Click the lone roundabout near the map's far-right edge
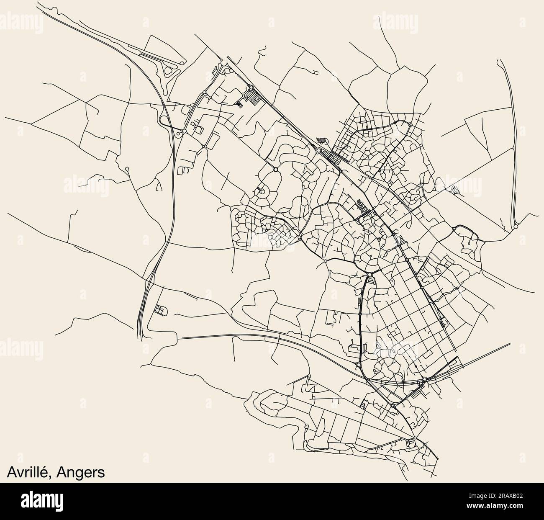tap(516, 226)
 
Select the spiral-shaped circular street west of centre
tap(263, 192)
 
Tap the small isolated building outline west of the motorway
tap(160, 310)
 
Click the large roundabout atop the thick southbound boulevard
tap(370, 275)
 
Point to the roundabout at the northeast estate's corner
tap(410, 124)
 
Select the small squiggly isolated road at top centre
tap(262, 52)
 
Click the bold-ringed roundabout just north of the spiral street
tap(275, 169)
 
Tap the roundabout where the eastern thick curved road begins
tap(454, 229)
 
